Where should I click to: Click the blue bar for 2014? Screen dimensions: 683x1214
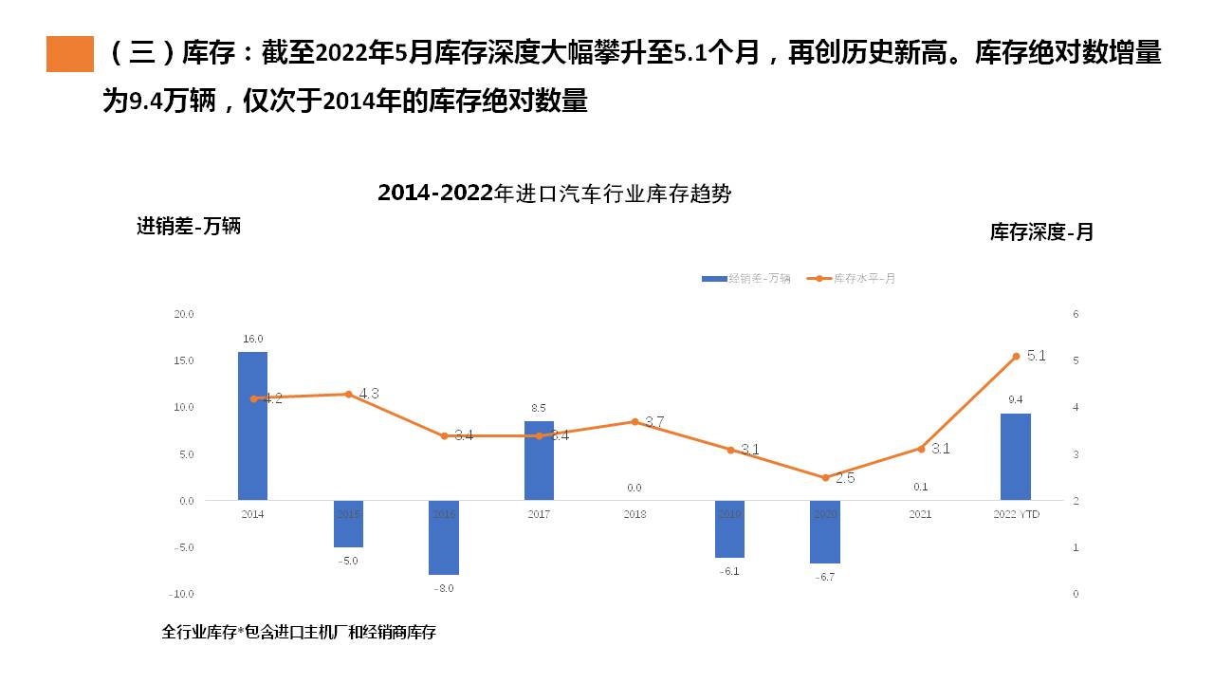[252, 426]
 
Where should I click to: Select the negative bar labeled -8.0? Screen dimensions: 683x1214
[444, 537]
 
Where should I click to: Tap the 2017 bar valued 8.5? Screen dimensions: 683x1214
[539, 460]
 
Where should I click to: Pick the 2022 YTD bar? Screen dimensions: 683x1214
[1015, 456]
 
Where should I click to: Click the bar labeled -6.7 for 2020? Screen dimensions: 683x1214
[824, 531]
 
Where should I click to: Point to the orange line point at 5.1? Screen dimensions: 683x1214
[1016, 357]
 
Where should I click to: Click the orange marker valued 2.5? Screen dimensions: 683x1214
[825, 478]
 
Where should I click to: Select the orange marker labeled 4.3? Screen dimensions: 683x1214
[348, 395]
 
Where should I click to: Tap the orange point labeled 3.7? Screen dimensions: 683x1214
[635, 421]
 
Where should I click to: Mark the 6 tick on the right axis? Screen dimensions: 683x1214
[1076, 314]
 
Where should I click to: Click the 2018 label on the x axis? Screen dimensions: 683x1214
[635, 514]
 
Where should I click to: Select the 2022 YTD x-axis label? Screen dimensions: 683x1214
[1015, 514]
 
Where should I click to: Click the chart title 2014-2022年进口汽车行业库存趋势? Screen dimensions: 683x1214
[555, 194]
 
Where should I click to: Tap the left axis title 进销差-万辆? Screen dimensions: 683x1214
[189, 227]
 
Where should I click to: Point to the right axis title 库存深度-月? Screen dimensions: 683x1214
[1041, 232]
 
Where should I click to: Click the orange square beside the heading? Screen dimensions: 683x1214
[70, 54]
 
